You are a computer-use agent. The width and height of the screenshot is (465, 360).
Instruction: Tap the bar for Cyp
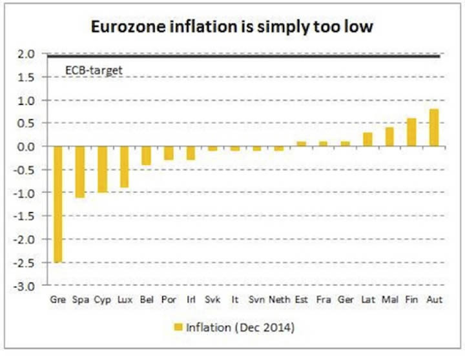tap(103, 170)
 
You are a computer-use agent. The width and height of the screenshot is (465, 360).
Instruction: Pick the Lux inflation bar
tap(125, 167)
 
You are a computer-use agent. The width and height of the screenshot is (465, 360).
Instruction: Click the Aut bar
tap(433, 128)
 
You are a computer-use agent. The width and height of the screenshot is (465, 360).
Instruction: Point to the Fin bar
tap(411, 132)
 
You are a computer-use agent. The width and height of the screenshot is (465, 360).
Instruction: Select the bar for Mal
tap(389, 137)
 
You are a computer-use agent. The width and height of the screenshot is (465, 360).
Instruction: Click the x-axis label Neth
tap(279, 300)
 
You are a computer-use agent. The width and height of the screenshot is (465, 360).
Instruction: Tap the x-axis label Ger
tap(345, 300)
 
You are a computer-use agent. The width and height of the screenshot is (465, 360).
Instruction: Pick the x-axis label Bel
tap(147, 300)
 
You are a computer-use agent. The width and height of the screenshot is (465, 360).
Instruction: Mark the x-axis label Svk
tap(213, 300)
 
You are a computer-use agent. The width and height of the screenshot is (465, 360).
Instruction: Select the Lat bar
tap(367, 139)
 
